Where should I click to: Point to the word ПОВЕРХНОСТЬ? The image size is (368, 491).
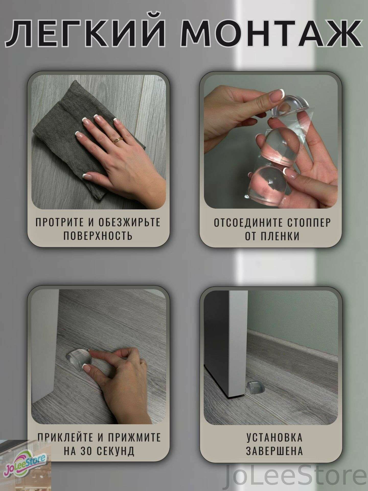pos(98,236)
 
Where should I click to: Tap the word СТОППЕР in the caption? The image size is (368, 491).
pos(305,222)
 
